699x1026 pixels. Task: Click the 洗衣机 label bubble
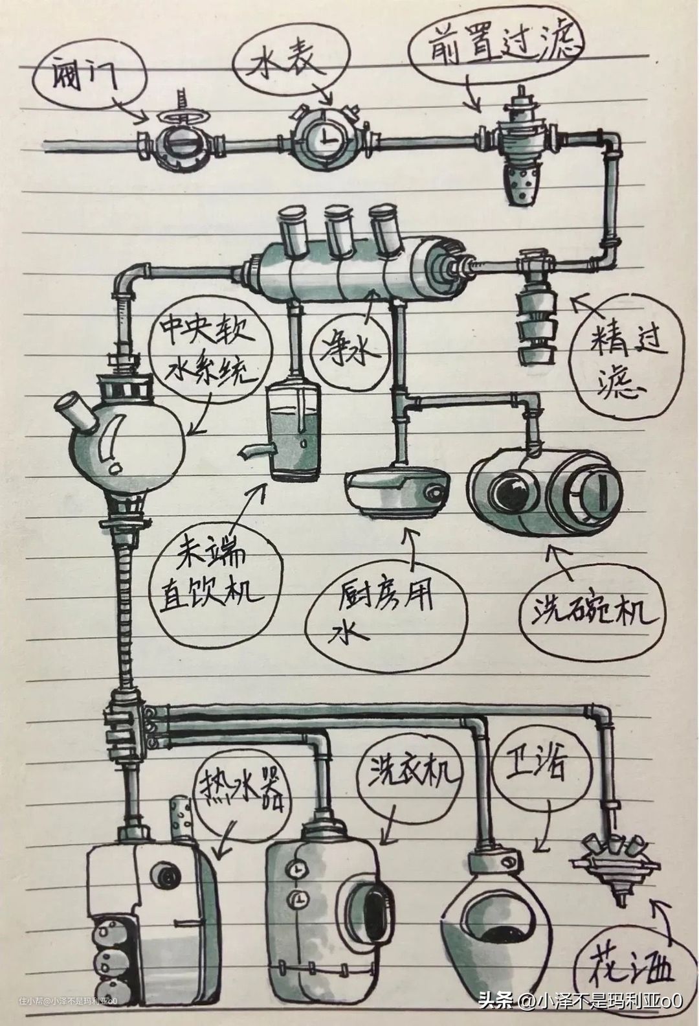point(409,775)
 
